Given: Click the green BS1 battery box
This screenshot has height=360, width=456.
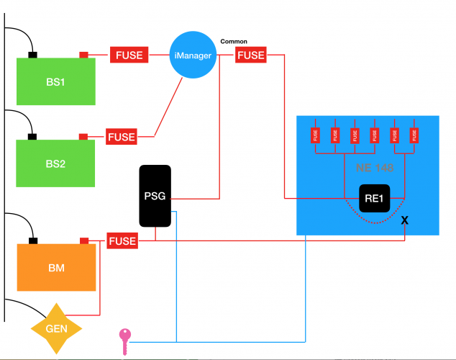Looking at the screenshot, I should click(x=56, y=81).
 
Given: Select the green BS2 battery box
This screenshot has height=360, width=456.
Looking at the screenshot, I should click(x=56, y=163).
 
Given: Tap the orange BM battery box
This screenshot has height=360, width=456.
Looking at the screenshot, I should click(x=56, y=267).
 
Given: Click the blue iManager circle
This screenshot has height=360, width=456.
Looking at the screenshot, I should click(x=193, y=54).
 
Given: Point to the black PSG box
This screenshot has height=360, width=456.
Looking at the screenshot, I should click(x=155, y=196).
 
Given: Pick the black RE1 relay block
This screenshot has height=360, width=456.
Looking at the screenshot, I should click(x=374, y=198).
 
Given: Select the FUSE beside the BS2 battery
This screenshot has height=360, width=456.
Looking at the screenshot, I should click(x=122, y=136).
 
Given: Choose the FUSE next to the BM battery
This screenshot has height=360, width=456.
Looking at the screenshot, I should click(x=122, y=240).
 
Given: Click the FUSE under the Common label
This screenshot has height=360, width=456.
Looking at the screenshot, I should click(x=251, y=55).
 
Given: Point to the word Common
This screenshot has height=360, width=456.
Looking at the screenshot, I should click(x=234, y=42).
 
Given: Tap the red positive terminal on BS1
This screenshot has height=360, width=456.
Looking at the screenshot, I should click(x=83, y=55).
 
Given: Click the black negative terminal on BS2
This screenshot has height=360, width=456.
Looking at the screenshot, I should click(x=32, y=136).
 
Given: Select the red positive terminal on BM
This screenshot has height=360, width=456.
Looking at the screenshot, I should click(x=83, y=240).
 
